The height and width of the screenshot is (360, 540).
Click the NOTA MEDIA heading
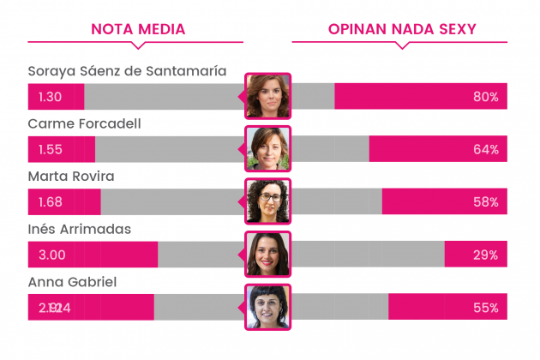pos(138,30)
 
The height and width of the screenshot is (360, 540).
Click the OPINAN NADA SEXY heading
pos(402,30)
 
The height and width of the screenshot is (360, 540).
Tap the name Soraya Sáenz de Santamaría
pos(127,71)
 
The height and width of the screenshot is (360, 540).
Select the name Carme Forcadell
pos(84,124)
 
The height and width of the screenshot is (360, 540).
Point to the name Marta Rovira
pos(71,177)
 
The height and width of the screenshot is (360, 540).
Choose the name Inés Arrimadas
pos(80,230)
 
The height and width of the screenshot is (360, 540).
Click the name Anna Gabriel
pos(72,283)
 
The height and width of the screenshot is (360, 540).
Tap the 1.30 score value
pos(51,97)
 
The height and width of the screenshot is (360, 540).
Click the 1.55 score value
pos(51,149)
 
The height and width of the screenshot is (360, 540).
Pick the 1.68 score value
pos(51,202)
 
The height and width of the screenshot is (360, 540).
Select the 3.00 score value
pos(52,255)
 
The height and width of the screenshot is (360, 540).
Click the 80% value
pos(485,97)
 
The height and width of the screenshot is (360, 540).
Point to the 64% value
pos(485,149)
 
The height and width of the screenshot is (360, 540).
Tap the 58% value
pos(485,202)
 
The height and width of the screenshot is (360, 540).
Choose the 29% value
pos(485,255)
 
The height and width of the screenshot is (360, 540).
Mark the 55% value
pos(485,308)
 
